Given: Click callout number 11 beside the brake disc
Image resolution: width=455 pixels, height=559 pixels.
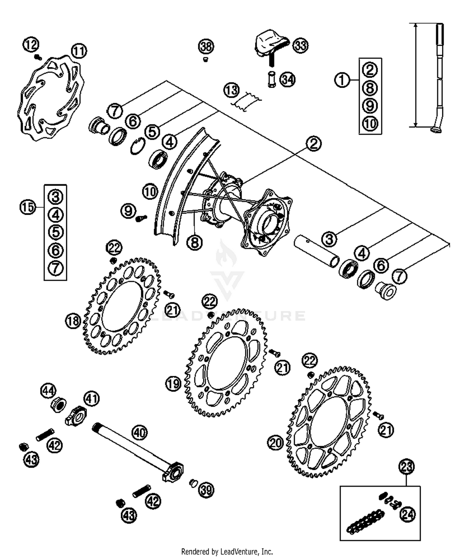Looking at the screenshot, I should [79, 51].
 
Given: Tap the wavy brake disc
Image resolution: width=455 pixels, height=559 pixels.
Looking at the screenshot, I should [50, 99].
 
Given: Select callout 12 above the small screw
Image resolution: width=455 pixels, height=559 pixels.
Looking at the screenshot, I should [31, 45].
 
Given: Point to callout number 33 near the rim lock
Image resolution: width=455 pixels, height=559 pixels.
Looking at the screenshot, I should [301, 46].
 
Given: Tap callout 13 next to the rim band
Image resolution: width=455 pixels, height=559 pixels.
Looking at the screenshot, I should [231, 90].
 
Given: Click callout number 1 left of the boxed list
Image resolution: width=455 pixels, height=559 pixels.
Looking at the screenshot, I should [342, 80].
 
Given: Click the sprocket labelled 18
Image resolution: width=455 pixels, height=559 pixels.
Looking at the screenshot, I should [121, 306].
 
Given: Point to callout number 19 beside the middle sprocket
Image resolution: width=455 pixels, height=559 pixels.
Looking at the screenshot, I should [173, 384].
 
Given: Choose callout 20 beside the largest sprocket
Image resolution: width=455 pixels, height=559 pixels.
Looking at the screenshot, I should [275, 443].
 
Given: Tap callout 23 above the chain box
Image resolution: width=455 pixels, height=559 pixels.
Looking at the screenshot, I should [406, 466].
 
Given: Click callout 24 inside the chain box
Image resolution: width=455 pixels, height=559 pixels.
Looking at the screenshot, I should [408, 514].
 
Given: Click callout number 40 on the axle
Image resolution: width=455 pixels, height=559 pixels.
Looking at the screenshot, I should [140, 433].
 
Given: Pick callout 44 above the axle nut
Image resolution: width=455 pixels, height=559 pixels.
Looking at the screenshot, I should [49, 391].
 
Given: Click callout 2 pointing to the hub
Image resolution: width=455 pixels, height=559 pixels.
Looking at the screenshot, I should [313, 143].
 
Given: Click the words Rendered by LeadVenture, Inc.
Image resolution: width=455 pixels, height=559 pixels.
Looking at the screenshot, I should [227, 551].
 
